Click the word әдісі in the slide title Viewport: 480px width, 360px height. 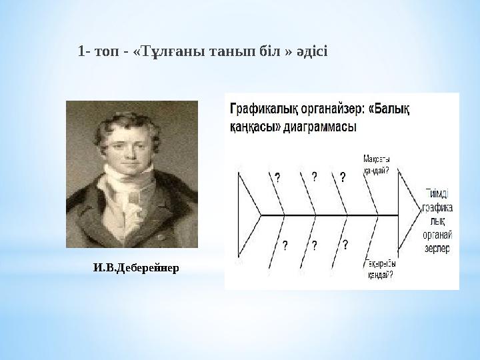tap(311, 51)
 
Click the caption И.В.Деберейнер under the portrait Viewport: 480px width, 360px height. tap(136, 268)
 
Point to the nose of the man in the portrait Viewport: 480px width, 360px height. tap(128, 147)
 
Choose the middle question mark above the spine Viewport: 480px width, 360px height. tap(313, 177)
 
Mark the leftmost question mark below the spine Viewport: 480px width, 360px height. tap(285, 245)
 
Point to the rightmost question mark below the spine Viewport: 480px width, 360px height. tap(345, 244)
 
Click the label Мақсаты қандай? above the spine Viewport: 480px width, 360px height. tap(377, 165)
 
